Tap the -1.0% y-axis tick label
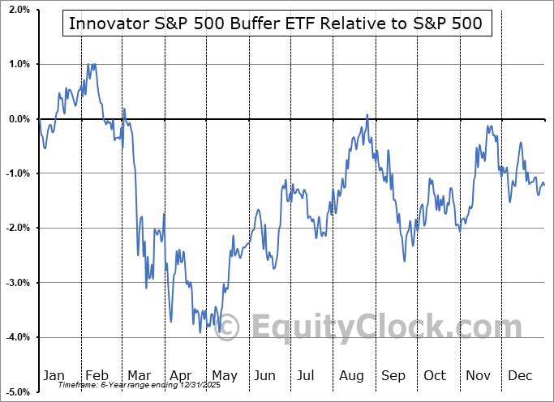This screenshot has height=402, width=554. tap(18, 173)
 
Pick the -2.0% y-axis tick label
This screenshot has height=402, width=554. tap(18, 228)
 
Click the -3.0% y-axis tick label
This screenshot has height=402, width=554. tap(18, 283)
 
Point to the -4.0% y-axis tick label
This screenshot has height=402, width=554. tap(18, 337)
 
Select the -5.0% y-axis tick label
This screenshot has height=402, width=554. tap(18, 391)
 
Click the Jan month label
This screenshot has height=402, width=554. tap(54, 375)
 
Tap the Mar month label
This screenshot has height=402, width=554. tap(139, 375)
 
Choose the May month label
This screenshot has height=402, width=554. tap(225, 375)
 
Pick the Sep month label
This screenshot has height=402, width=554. tap(393, 375)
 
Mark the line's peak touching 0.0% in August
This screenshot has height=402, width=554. tap(367, 115)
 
